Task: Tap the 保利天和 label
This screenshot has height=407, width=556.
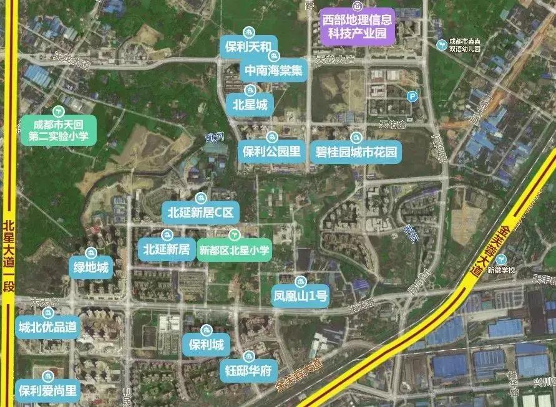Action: tap(248, 47)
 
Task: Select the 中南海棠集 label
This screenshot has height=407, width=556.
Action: tap(275, 70)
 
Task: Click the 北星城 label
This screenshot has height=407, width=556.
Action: tap(250, 105)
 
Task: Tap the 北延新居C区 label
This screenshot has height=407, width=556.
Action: tap(200, 213)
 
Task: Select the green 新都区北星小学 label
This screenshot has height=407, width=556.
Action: tap(234, 250)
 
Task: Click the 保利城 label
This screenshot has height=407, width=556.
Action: tap(205, 344)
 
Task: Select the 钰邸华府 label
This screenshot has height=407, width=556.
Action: tap(248, 370)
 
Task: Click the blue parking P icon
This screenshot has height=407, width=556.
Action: tap(411, 96)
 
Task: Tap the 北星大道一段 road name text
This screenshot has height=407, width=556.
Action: tap(8, 256)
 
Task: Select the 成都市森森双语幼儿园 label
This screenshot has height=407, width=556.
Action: tap(469, 45)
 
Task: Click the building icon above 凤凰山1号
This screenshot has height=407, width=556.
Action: tap(300, 281)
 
